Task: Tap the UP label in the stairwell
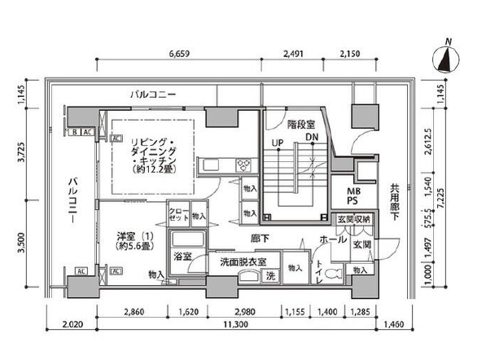(x=277, y=143)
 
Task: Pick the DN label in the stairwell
(x=311, y=138)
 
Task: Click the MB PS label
(x=356, y=195)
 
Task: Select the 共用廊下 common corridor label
(x=393, y=196)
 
